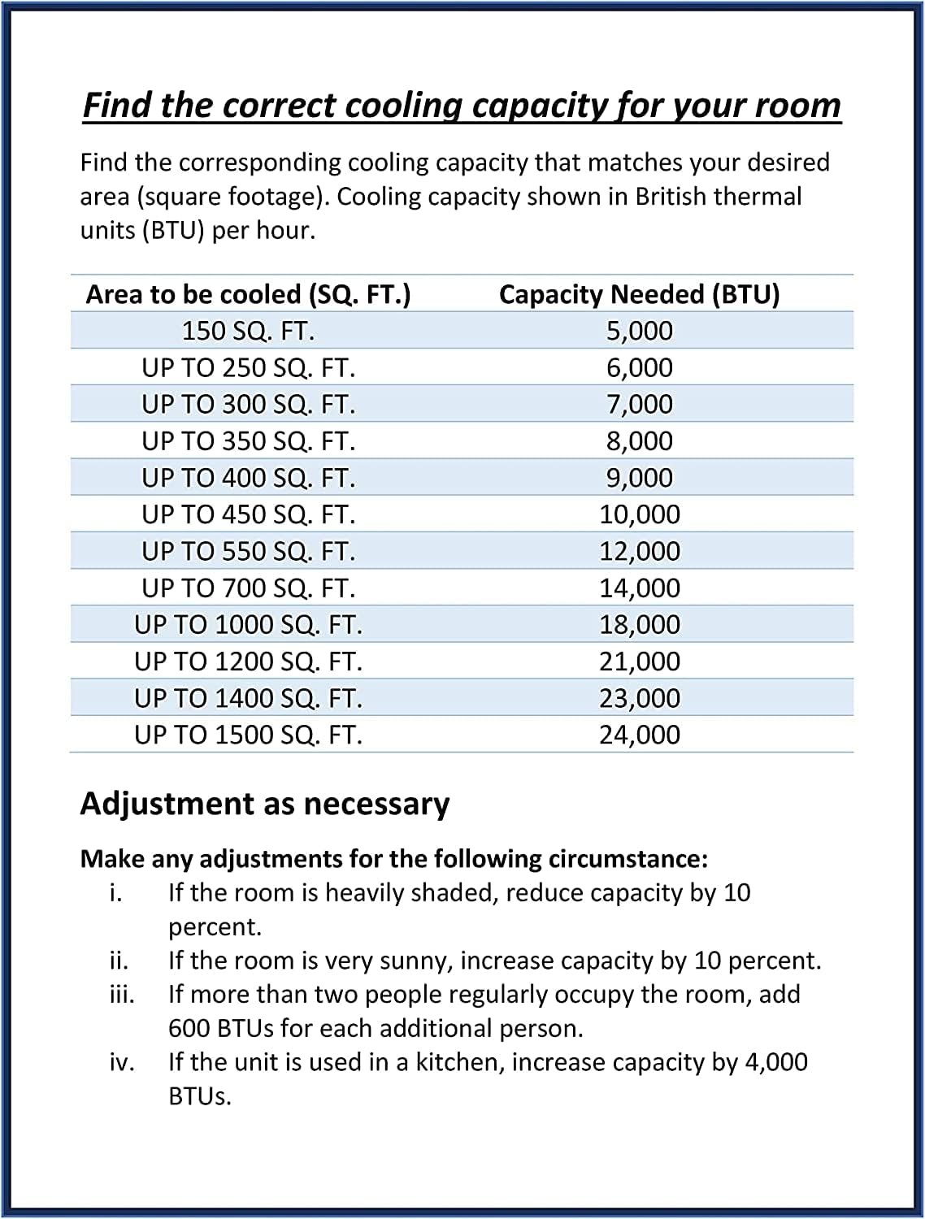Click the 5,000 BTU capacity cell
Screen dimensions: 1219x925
point(640,331)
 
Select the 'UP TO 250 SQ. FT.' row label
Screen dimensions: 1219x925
point(248,368)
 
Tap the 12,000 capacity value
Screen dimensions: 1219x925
point(640,551)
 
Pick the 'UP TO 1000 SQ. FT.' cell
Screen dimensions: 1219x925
point(248,625)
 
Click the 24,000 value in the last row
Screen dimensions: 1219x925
point(640,735)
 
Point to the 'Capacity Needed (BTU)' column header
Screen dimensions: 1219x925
point(639,294)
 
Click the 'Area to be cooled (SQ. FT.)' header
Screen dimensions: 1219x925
point(248,294)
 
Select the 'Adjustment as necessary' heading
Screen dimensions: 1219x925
point(264,804)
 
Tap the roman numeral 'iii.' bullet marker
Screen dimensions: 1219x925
point(122,994)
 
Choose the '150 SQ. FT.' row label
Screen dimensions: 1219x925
point(248,331)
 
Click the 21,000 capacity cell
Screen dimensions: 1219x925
point(640,662)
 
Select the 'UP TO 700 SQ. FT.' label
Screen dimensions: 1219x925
point(248,588)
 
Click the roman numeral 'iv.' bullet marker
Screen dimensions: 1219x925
point(122,1062)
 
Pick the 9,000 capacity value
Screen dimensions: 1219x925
point(640,478)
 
